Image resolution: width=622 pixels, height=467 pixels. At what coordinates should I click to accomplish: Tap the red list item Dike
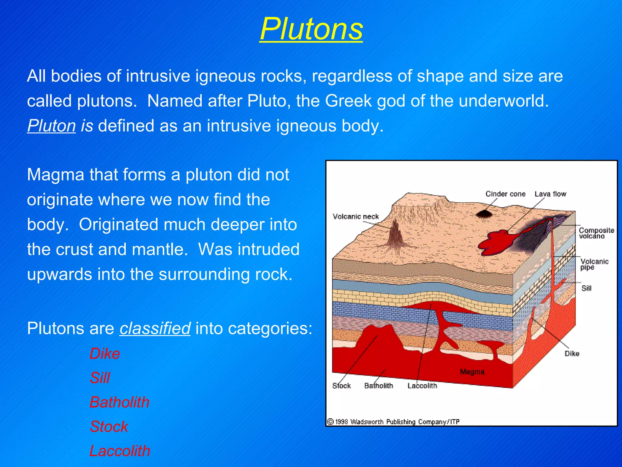click(105, 354)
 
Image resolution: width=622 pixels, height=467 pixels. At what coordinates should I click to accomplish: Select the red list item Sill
click(100, 378)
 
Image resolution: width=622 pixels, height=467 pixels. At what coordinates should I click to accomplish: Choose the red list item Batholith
click(119, 402)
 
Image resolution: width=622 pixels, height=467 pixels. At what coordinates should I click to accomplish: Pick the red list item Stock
click(109, 427)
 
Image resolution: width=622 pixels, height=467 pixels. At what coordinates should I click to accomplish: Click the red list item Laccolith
click(120, 451)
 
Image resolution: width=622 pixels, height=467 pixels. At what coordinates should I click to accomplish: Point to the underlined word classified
click(155, 328)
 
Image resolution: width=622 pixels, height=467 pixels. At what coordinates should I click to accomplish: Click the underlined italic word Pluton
click(51, 126)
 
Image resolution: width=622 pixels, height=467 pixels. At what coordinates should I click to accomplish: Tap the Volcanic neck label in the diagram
click(356, 216)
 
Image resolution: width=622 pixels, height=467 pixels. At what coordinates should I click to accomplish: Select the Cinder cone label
click(505, 194)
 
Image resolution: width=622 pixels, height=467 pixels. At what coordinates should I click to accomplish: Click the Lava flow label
click(550, 194)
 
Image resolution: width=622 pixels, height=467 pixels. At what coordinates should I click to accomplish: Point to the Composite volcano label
click(596, 233)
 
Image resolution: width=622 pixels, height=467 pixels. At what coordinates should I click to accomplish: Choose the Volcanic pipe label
click(594, 264)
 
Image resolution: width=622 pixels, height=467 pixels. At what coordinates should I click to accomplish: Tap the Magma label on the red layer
click(472, 372)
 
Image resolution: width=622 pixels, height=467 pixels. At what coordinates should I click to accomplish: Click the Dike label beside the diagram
click(572, 354)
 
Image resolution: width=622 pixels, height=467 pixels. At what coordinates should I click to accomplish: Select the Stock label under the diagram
click(341, 386)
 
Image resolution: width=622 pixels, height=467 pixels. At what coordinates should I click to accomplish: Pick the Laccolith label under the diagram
click(422, 386)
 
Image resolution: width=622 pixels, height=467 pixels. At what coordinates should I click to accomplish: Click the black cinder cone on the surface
click(484, 214)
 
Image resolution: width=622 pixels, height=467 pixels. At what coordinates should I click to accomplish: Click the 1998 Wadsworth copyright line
click(393, 422)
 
